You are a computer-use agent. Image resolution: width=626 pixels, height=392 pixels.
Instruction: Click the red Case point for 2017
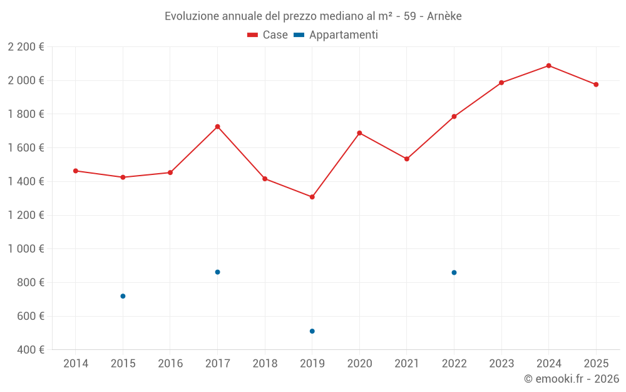click(x=217, y=127)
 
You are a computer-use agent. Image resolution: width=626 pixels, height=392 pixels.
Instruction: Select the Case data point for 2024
click(x=548, y=65)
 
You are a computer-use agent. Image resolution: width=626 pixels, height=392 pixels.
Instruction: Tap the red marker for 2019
click(x=312, y=197)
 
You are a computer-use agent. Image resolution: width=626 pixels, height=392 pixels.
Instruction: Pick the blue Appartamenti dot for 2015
click(x=123, y=296)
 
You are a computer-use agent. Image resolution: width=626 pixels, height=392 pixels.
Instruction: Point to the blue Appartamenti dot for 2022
click(x=454, y=272)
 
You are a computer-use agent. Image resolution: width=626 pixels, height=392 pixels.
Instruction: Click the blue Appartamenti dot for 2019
click(x=312, y=331)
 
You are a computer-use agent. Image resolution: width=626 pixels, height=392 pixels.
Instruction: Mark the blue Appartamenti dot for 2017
click(x=217, y=272)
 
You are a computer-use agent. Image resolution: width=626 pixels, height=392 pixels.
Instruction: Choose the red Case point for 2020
click(x=359, y=133)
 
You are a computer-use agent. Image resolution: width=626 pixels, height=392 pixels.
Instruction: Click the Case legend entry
click(x=268, y=35)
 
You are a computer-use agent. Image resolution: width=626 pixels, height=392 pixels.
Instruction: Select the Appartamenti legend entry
click(x=336, y=35)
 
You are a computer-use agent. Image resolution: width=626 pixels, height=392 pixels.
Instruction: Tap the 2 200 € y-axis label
click(x=26, y=47)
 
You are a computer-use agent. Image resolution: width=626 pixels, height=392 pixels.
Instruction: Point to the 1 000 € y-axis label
click(x=26, y=249)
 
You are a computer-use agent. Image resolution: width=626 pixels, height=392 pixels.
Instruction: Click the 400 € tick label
click(x=29, y=350)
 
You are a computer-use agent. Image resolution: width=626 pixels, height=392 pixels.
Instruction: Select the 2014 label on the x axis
click(x=76, y=363)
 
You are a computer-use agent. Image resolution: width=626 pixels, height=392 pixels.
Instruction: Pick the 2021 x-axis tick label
click(x=407, y=363)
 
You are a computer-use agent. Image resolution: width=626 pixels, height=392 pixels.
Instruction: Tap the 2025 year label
click(x=596, y=363)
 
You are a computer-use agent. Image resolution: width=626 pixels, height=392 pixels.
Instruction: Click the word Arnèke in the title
click(x=444, y=16)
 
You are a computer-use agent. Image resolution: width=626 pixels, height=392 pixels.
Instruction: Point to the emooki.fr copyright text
click(x=571, y=379)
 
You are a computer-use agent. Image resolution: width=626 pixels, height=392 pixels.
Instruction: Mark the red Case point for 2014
click(x=76, y=171)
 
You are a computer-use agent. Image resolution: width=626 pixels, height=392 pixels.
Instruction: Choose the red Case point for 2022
click(x=454, y=117)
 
